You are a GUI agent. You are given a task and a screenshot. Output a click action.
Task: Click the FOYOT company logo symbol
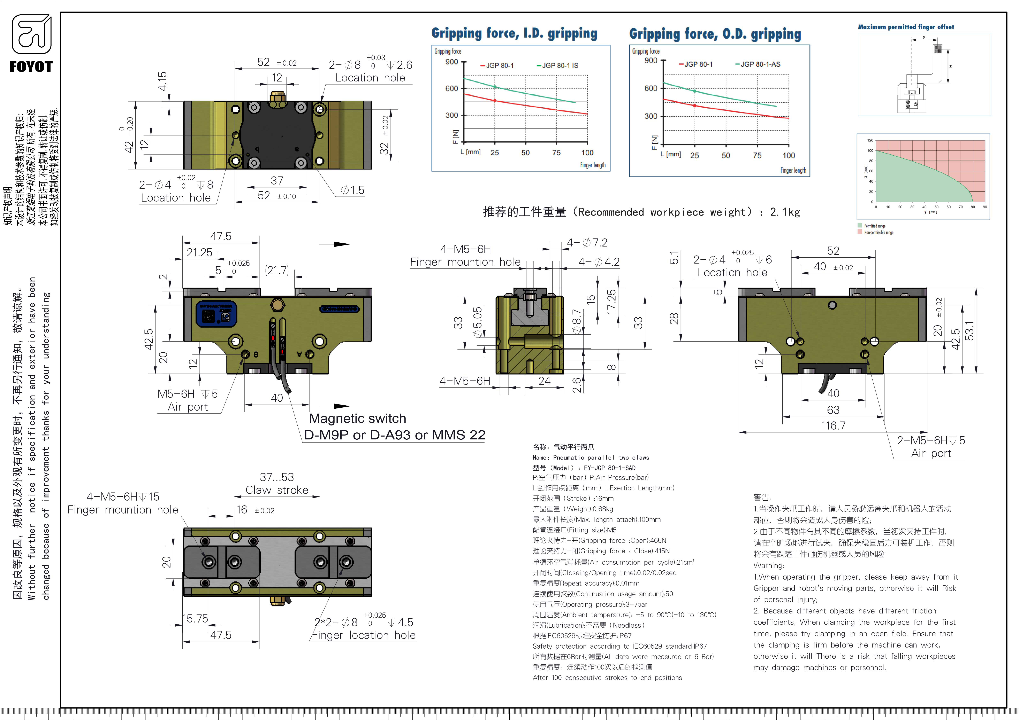(x=31, y=34)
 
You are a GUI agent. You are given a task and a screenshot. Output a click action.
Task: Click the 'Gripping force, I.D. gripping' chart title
(x=514, y=33)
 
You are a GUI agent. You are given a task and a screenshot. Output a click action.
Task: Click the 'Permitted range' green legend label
(x=874, y=226)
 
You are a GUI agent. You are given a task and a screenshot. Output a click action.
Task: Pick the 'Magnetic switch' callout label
(x=357, y=418)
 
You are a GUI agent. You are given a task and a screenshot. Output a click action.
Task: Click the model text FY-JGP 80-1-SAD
(x=609, y=468)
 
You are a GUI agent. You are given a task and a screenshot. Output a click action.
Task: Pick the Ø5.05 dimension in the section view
(x=477, y=322)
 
